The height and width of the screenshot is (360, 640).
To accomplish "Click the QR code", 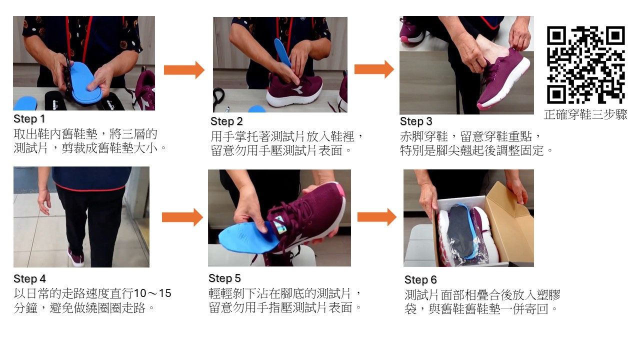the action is click(x=585, y=65).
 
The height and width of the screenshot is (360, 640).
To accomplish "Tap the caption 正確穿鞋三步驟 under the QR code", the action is click(x=585, y=114).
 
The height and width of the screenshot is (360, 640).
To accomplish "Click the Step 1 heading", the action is click(x=29, y=119).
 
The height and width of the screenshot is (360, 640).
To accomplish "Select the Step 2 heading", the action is click(x=226, y=121).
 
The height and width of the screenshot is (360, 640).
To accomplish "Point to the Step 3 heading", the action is click(x=416, y=121).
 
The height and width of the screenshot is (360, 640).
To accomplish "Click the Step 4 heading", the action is click(x=29, y=279).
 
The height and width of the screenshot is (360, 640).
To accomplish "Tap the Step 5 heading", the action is click(x=225, y=278).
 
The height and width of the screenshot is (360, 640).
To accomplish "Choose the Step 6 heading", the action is click(x=420, y=279).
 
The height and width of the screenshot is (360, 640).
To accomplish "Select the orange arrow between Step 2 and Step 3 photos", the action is click(x=374, y=69).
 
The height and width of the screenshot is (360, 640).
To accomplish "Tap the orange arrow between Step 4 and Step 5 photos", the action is click(x=182, y=217).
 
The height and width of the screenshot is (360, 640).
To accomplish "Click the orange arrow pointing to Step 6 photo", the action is click(x=377, y=217).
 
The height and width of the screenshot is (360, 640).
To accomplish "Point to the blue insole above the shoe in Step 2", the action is click(x=282, y=52).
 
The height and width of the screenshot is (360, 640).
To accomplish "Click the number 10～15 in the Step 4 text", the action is click(x=152, y=293).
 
